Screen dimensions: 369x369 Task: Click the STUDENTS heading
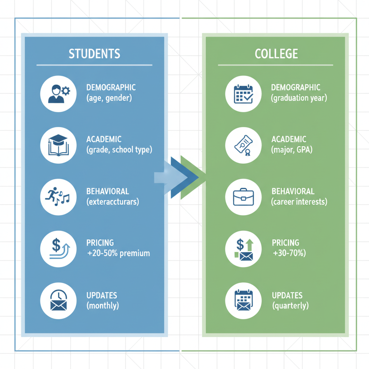[x=94, y=54]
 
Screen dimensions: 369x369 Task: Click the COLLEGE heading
[x=276, y=54]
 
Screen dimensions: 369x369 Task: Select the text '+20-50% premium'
[x=118, y=253]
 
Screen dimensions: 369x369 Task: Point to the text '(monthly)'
[x=103, y=306]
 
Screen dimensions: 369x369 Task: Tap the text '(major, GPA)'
[x=291, y=150]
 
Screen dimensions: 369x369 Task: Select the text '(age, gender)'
[x=109, y=98]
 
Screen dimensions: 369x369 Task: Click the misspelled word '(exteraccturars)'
[x=112, y=202]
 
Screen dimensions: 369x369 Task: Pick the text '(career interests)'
[x=299, y=202]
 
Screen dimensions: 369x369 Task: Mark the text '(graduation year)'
[x=299, y=98]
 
